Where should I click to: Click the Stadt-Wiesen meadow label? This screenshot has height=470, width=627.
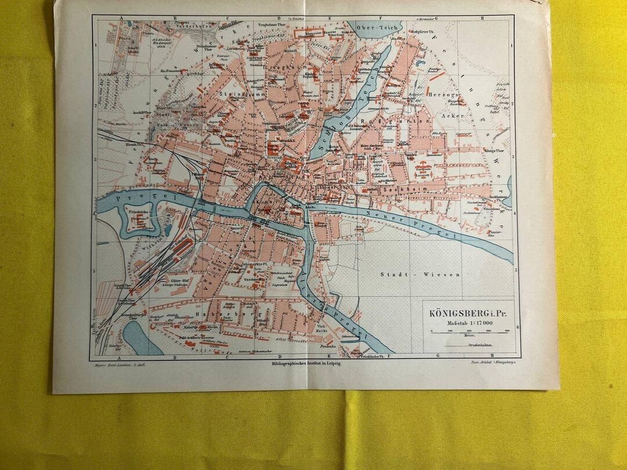click(420, 274)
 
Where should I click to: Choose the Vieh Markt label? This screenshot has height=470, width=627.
click(323, 328)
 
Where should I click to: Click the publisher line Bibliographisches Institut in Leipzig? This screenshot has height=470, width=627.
click(306, 363)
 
